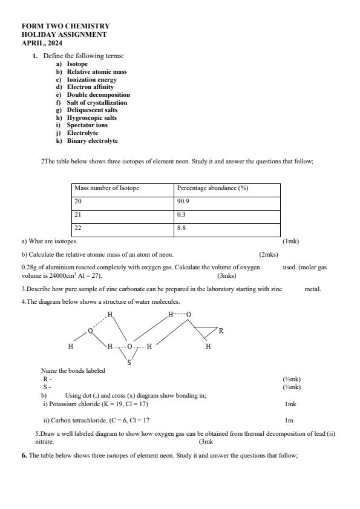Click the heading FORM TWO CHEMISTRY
[x=65, y=27]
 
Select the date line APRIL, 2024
[x=42, y=43]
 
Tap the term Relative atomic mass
[x=96, y=71]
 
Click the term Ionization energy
[x=91, y=79]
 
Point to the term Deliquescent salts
[x=92, y=110]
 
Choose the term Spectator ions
[x=87, y=125]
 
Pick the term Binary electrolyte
[x=92, y=140]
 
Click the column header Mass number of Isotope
[x=107, y=188]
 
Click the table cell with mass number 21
[x=78, y=215]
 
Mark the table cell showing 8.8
[x=181, y=228]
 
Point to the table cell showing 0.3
[x=181, y=215]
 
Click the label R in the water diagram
[x=221, y=331]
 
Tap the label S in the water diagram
[x=129, y=363]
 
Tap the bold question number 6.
[x=24, y=455]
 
